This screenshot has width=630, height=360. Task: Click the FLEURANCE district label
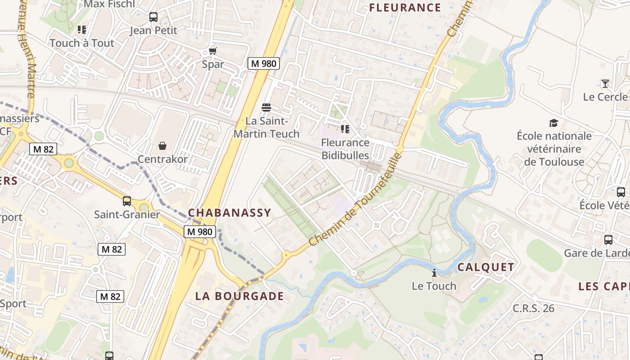point(405,8)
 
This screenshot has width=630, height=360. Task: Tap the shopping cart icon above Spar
point(212,51)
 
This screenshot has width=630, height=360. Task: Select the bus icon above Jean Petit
point(153,17)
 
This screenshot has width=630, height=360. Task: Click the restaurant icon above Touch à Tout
point(81,30)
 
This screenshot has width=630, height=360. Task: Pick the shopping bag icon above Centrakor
point(162,146)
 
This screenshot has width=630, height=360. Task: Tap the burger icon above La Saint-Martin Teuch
point(266,108)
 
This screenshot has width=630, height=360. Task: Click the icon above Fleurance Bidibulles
point(345,130)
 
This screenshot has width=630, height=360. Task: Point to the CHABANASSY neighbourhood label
point(229,213)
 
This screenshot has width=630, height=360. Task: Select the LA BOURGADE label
point(239,296)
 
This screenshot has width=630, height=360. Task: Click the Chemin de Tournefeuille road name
point(355,200)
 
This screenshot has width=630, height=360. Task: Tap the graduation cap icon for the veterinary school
point(553,123)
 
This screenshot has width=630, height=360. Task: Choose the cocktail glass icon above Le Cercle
point(605,84)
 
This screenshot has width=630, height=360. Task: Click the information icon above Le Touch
point(434,273)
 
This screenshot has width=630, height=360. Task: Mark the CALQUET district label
point(486,267)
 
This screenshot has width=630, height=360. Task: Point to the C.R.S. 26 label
point(533,309)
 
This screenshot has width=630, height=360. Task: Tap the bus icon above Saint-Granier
point(127,201)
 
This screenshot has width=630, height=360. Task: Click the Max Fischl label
point(109,4)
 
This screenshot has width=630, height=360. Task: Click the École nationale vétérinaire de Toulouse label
point(554,149)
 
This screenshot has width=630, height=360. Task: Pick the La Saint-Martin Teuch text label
point(266,127)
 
